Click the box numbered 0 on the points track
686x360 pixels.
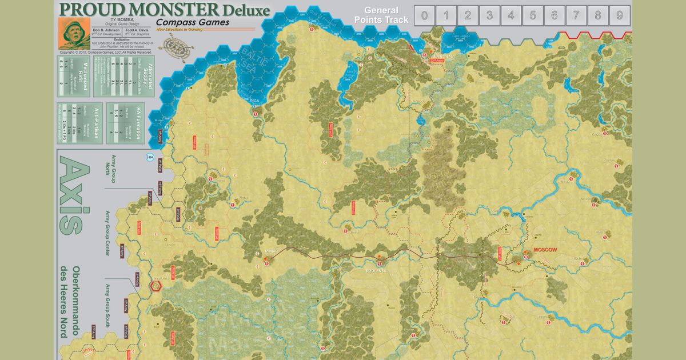pos(424,15)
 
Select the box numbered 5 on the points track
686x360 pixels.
pos(532,15)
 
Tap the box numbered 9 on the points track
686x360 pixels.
pos(620,15)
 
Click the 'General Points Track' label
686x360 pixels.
pos(381,15)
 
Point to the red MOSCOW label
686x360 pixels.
pos(545,250)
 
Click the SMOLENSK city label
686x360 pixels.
pos(377,270)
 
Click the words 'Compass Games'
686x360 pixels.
pos(193,22)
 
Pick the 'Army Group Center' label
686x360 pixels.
pos(107,234)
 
